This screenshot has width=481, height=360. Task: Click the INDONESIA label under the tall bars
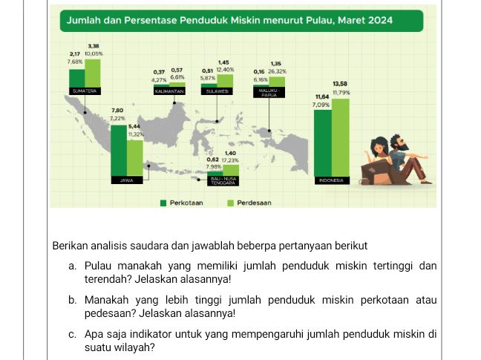coord(331,180)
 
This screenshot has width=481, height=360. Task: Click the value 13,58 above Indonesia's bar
coord(341,84)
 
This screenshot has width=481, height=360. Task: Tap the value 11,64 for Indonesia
coord(322,96)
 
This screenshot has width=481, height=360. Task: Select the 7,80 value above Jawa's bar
coord(117,110)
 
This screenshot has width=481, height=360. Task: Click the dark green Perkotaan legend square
coord(163,202)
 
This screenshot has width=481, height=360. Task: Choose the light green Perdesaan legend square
coord(230,202)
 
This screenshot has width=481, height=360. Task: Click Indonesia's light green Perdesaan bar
coord(341,137)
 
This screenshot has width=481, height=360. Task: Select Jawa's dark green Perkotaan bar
coord(118,148)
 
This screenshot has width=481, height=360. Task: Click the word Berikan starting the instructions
coord(71,245)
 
